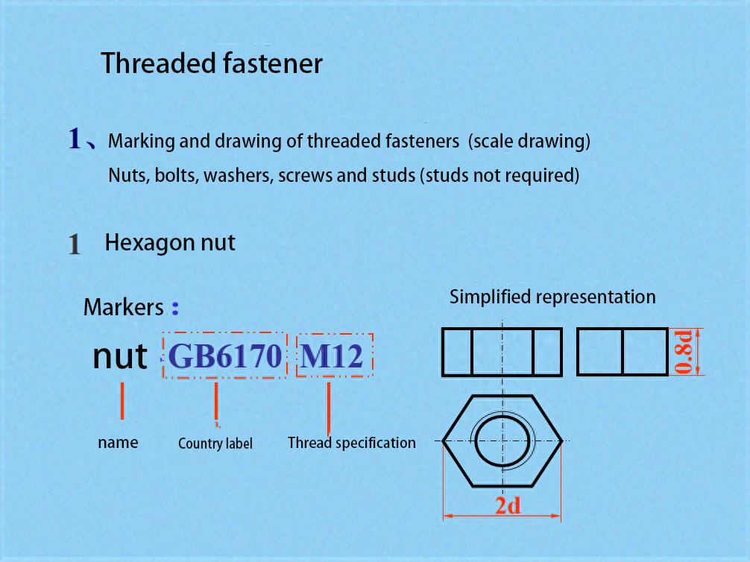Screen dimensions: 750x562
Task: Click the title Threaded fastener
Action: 212,63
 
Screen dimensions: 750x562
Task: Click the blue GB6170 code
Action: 225,356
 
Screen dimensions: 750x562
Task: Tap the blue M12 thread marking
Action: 332,356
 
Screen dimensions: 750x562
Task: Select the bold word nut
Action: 119,356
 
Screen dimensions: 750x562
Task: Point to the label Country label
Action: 215,443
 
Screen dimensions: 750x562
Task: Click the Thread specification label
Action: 352,443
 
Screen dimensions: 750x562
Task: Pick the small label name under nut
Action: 118,443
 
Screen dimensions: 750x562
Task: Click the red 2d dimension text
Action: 508,505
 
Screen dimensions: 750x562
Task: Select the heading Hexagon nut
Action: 170,243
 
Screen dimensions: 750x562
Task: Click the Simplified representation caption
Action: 552,297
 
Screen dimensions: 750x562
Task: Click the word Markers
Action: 124,307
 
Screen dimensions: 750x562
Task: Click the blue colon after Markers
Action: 175,308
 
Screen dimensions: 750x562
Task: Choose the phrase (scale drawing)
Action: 529,141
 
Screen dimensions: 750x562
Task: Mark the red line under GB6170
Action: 216,402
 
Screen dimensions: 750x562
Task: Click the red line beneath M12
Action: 329,409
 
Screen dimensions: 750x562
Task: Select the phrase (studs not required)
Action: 500,176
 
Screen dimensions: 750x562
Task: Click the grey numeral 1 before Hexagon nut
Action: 74,244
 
